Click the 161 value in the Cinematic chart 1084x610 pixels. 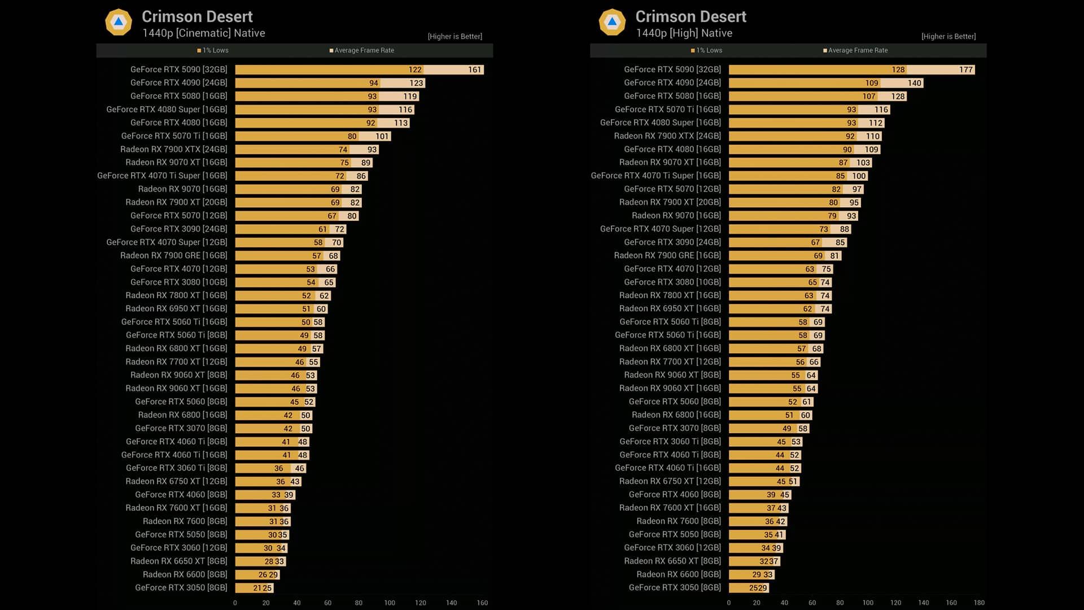pos(474,69)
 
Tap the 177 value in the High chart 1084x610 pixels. pos(965,69)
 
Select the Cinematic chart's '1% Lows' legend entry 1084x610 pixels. pos(213,50)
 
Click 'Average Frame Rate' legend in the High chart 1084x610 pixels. pos(855,50)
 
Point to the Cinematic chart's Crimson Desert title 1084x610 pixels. pos(197,16)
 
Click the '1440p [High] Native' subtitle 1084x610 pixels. pos(684,33)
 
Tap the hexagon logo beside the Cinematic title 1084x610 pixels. pos(119,23)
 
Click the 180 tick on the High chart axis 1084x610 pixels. pos(979,603)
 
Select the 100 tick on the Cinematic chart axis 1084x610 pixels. pos(390,603)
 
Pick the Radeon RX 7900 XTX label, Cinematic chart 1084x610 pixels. pos(173,149)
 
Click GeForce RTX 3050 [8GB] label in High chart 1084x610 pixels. pos(675,587)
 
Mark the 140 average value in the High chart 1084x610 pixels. pos(914,83)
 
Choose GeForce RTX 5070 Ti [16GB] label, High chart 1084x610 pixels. pos(667,110)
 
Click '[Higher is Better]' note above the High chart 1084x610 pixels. pos(948,37)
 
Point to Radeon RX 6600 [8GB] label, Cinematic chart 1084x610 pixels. pos(185,574)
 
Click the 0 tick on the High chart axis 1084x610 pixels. pos(729,603)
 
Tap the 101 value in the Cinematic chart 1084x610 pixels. pos(382,136)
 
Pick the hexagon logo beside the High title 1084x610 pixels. pos(612,23)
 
